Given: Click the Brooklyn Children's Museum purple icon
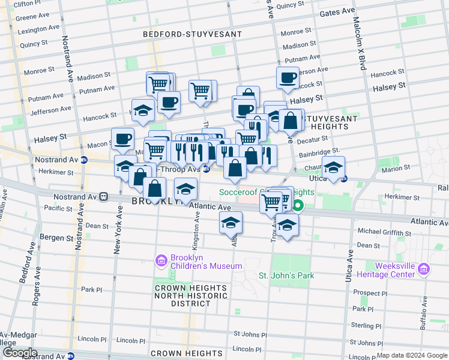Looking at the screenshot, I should (161, 260).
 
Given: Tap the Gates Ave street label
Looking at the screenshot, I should (337, 12).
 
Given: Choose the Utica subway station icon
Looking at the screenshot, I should (345, 178).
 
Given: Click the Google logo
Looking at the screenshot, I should (19, 353).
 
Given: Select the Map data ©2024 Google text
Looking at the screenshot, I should (412, 356).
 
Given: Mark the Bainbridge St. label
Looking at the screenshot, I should (319, 151).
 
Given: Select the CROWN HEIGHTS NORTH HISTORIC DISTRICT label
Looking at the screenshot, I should (182, 295).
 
